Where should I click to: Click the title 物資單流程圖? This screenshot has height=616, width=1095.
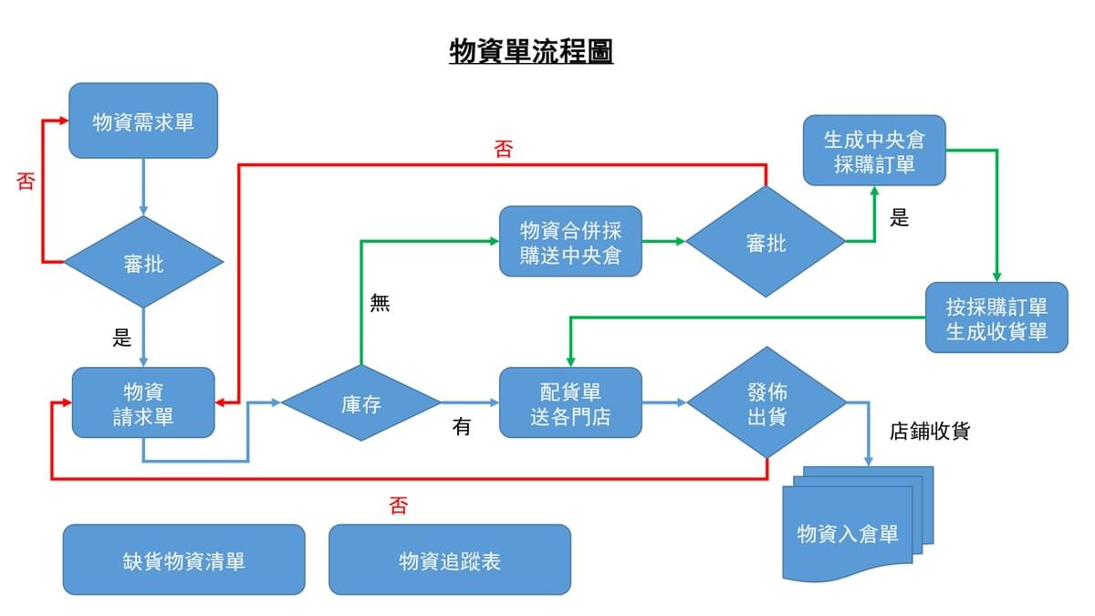point(531,52)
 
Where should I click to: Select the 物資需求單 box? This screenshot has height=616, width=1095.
point(143,121)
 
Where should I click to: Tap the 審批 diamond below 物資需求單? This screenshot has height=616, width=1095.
point(143,264)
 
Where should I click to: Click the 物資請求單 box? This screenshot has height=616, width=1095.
point(143,403)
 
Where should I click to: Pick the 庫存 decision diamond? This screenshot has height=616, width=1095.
point(360,403)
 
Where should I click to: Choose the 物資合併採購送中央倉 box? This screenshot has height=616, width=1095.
point(570,242)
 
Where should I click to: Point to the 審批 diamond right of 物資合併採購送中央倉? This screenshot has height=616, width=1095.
point(766,242)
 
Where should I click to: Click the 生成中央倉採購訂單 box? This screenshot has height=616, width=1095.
point(874,151)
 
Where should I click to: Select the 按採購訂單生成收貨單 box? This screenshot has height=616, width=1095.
point(996,318)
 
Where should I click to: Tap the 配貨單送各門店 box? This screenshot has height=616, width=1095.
point(570,403)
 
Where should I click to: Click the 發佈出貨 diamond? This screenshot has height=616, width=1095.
point(766,402)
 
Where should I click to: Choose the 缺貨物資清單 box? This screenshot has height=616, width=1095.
point(183,559)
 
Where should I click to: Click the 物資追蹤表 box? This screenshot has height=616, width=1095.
point(449,559)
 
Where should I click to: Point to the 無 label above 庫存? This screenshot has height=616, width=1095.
point(380,304)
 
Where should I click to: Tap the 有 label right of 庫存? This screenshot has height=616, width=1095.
point(462,426)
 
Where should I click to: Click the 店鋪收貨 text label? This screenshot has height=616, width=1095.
point(929,431)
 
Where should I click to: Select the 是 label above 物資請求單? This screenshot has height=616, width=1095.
point(122,338)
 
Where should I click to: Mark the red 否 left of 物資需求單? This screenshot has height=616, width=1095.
point(26,181)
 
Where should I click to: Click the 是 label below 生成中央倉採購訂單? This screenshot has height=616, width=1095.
point(900,218)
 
